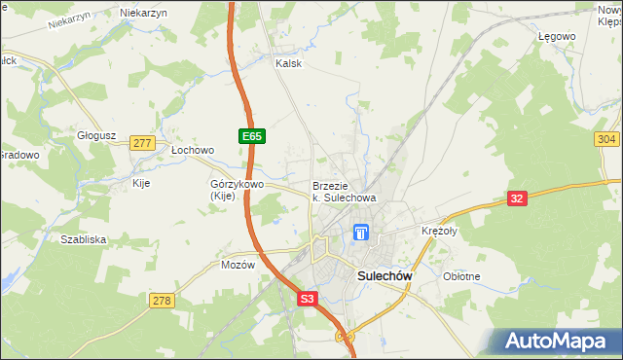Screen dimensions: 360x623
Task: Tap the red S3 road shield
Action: [x=307, y=301]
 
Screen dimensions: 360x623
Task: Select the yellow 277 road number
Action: [x=143, y=143]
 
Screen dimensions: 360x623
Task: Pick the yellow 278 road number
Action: [x=162, y=301]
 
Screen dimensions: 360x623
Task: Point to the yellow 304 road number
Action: [x=606, y=140]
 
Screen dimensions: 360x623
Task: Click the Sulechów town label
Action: [x=385, y=275]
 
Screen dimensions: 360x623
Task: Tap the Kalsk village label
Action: [x=289, y=63]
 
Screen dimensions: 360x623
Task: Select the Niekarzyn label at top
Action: [x=144, y=13]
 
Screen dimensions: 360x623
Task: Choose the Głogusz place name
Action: [x=97, y=136]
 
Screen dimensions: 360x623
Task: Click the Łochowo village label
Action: [x=192, y=151]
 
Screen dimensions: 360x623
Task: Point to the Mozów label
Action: [x=238, y=265]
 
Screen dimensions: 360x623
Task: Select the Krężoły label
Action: [x=439, y=231]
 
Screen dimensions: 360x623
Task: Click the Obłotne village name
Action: [x=461, y=276]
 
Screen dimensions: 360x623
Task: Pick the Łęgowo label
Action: [x=557, y=36]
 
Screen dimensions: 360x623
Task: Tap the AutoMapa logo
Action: [x=559, y=342]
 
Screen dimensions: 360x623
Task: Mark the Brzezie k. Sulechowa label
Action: [x=344, y=192]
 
